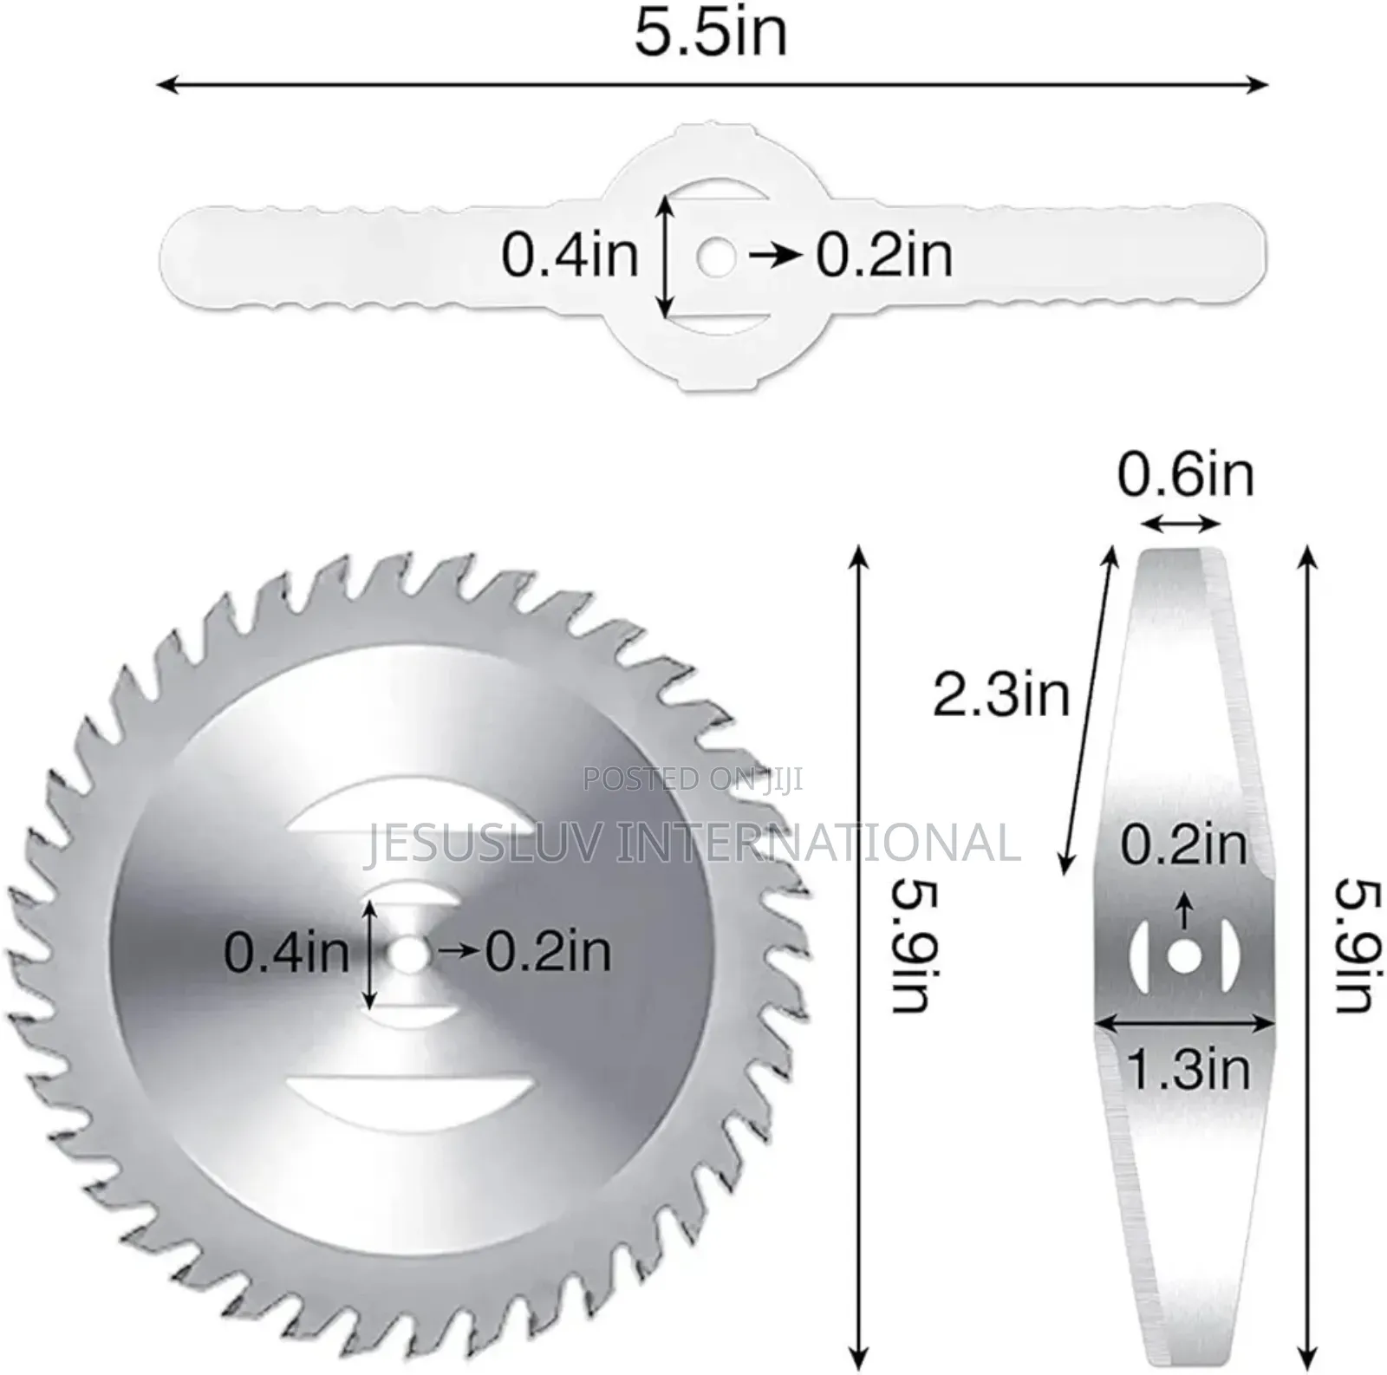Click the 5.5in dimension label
click(711, 33)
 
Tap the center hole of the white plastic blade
click(714, 257)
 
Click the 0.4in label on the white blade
click(570, 255)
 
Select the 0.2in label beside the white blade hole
click(884, 255)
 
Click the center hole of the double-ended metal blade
click(1183, 956)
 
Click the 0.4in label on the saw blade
click(286, 952)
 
